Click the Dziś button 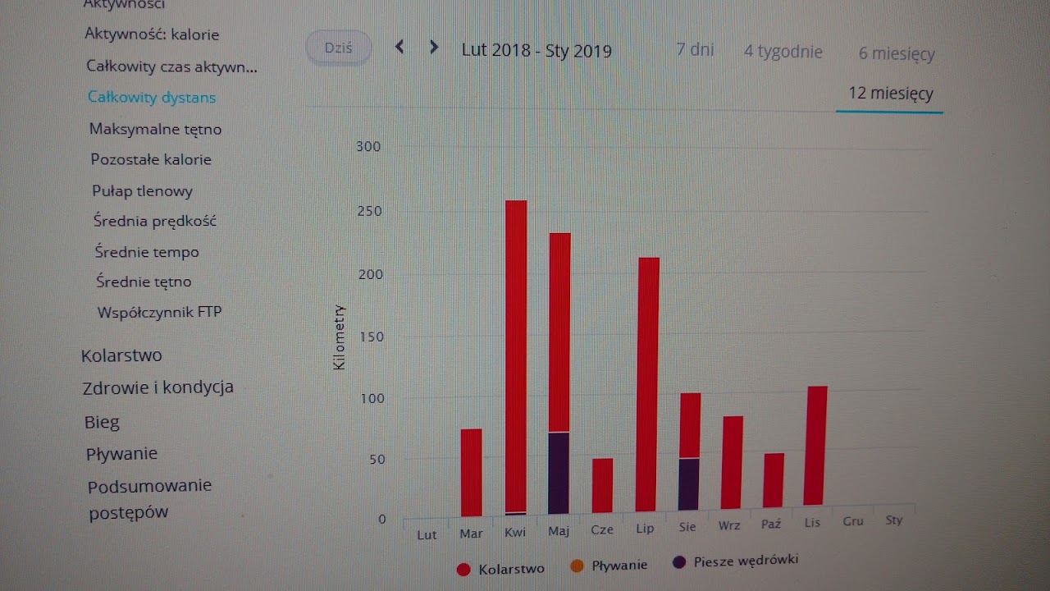339,48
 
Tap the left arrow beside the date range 399,48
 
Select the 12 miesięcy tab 890,94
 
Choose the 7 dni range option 695,50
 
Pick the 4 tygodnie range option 783,52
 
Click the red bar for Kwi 516,353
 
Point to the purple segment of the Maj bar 559,473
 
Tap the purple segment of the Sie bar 689,483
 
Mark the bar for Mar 472,472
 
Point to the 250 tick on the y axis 370,211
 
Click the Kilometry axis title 340,337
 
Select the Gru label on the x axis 853,521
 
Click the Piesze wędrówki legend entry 745,561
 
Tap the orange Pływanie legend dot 577,566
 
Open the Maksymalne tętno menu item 155,129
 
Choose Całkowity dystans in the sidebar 152,98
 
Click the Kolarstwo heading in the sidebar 121,355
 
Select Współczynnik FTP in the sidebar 159,312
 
